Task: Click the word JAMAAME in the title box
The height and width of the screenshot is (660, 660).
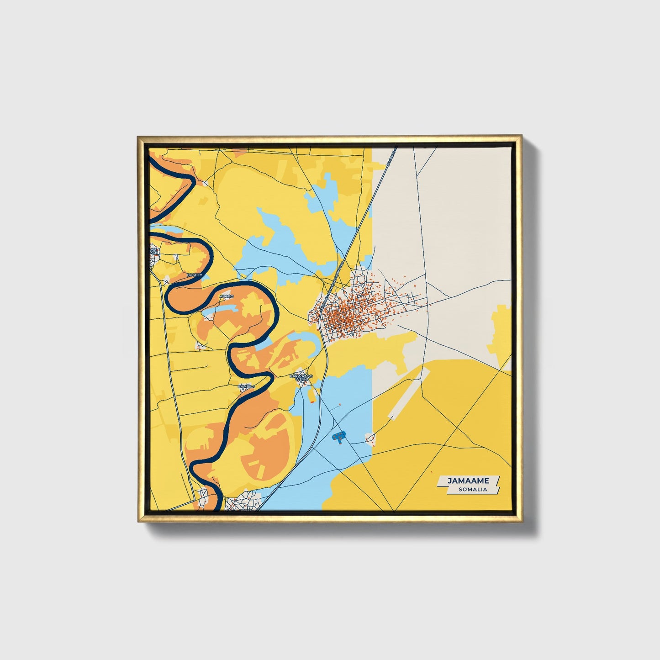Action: pos(468,480)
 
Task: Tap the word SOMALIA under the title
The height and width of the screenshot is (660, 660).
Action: pos(473,489)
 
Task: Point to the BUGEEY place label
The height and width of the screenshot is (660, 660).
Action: pos(194,275)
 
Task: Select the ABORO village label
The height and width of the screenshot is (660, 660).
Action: pos(227,296)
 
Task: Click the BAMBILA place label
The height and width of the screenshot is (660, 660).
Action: pos(246,386)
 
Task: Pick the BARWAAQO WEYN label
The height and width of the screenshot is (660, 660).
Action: pos(301,377)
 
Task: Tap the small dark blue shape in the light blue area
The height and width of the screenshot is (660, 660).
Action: pos(339,437)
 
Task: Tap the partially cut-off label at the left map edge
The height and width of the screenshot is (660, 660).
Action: pos(154,251)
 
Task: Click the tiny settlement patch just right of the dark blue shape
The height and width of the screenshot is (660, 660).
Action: pos(370,438)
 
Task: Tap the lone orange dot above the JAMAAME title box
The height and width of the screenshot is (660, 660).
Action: pos(431,471)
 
